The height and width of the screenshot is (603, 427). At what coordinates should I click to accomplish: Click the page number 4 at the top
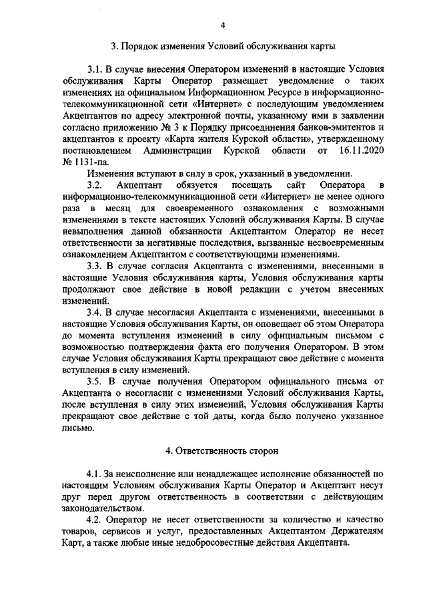click(223, 25)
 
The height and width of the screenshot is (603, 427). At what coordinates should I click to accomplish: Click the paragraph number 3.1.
click(95, 69)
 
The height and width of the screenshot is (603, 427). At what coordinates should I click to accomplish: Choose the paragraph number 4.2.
click(95, 518)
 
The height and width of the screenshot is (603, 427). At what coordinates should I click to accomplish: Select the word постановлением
click(96, 151)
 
